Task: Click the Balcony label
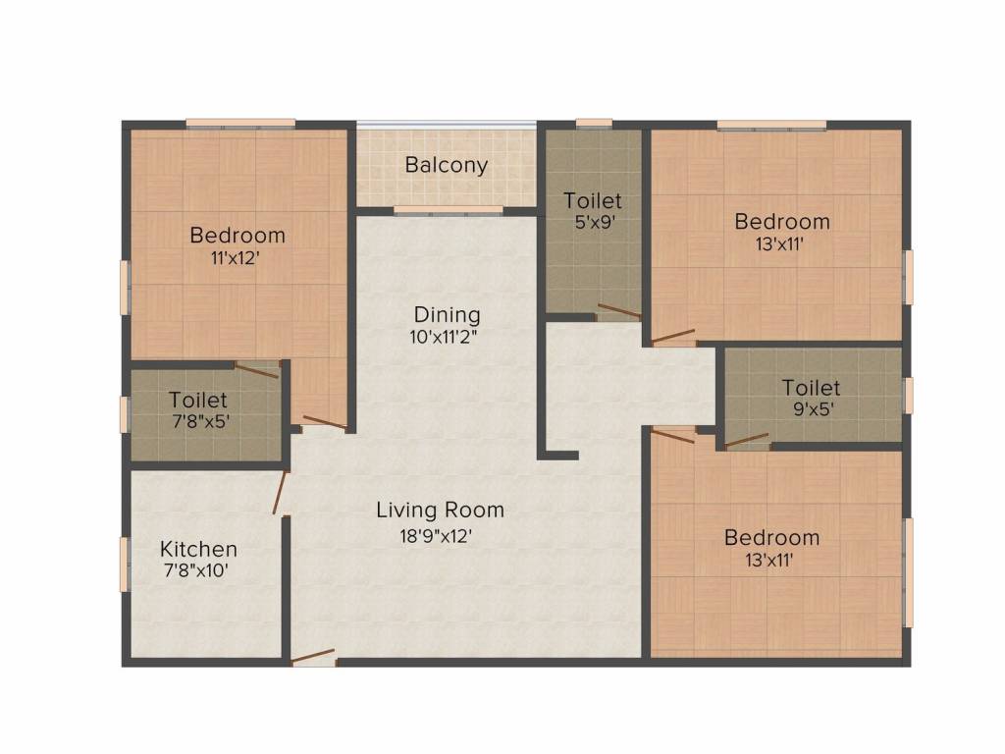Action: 447,165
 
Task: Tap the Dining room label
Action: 447,315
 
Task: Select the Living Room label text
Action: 440,511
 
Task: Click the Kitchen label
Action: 198,549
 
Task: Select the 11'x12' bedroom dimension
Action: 238,258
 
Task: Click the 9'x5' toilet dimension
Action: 811,409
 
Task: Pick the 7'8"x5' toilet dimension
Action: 198,422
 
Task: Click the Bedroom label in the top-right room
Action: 782,222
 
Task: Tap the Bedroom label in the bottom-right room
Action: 771,538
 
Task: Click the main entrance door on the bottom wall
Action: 314,659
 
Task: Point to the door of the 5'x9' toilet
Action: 618,313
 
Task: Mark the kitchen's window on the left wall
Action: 125,565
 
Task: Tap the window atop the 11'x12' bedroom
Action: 240,123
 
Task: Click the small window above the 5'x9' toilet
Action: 594,123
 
